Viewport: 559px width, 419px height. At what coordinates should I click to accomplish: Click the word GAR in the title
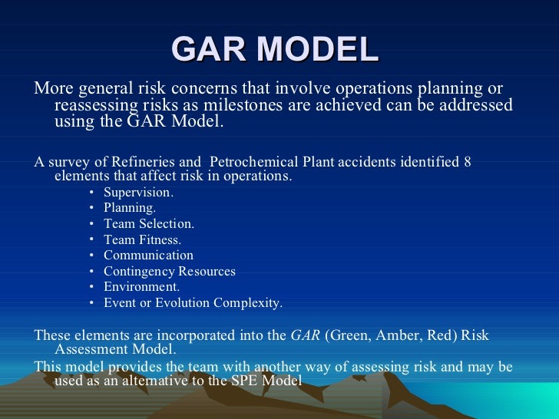click(x=209, y=49)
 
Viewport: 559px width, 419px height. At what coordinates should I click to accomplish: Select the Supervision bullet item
click(x=138, y=192)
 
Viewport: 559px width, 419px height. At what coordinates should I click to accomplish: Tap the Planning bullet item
click(x=130, y=208)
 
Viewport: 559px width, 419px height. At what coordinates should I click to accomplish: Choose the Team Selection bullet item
click(x=149, y=224)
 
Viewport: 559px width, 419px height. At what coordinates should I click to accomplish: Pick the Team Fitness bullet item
click(x=142, y=239)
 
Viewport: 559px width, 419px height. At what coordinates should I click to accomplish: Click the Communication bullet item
click(x=148, y=256)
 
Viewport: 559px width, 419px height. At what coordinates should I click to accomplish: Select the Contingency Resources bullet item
click(x=169, y=271)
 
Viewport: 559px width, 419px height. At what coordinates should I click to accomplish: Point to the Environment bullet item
click(x=141, y=287)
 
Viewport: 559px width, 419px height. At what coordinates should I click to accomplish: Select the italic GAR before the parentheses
click(x=303, y=335)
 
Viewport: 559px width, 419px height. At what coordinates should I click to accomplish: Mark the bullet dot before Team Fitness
click(x=91, y=239)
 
